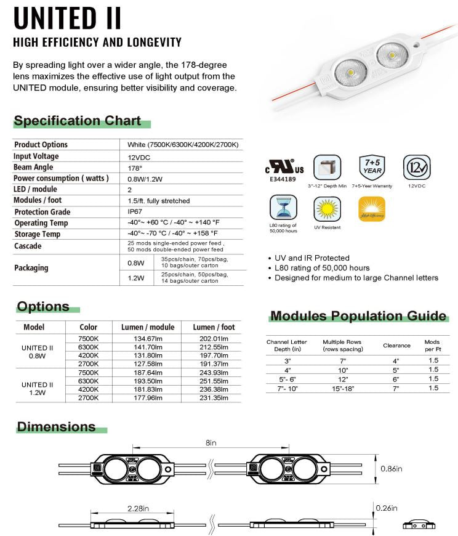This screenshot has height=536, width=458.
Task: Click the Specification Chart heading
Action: click(x=78, y=121)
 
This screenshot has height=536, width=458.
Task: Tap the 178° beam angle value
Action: click(x=135, y=168)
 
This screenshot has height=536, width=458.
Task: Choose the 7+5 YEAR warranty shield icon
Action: click(x=371, y=167)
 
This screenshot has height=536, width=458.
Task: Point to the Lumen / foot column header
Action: click(x=214, y=327)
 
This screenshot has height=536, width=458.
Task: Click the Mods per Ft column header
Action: click(x=432, y=346)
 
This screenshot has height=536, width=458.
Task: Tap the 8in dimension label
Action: click(x=211, y=443)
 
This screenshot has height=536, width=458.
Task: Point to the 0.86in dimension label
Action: click(x=391, y=469)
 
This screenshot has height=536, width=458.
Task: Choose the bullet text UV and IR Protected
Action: click(x=312, y=258)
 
